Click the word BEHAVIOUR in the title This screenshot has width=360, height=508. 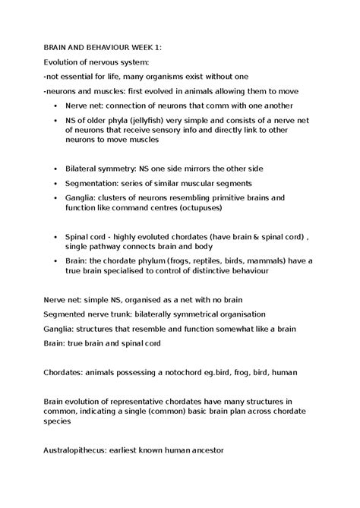click(100, 47)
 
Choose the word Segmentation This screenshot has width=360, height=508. click(96, 183)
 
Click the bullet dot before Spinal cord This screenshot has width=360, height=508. click(57, 236)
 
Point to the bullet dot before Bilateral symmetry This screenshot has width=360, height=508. click(57, 169)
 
